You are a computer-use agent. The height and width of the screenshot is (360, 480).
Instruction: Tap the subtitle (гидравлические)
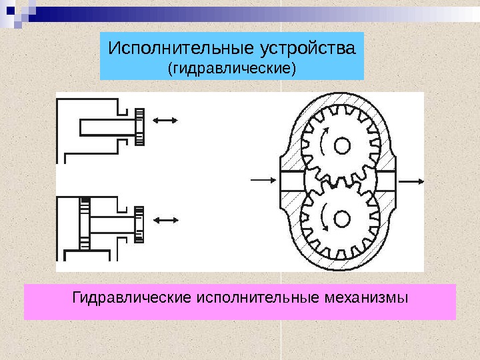[x=231, y=68]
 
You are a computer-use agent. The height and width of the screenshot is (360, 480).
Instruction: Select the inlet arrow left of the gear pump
[x=261, y=180]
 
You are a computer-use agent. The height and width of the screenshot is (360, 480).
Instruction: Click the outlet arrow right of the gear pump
[x=414, y=180]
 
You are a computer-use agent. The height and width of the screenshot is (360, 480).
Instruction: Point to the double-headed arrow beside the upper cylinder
[x=165, y=121]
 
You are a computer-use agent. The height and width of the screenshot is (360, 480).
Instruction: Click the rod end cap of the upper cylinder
[x=140, y=125]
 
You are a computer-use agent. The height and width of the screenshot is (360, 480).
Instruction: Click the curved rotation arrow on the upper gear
[x=323, y=141]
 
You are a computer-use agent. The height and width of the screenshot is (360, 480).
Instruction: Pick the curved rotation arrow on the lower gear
[x=323, y=217]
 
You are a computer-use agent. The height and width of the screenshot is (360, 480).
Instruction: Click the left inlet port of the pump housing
[x=291, y=181]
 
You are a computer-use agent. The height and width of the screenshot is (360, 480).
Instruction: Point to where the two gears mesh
[x=340, y=181]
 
